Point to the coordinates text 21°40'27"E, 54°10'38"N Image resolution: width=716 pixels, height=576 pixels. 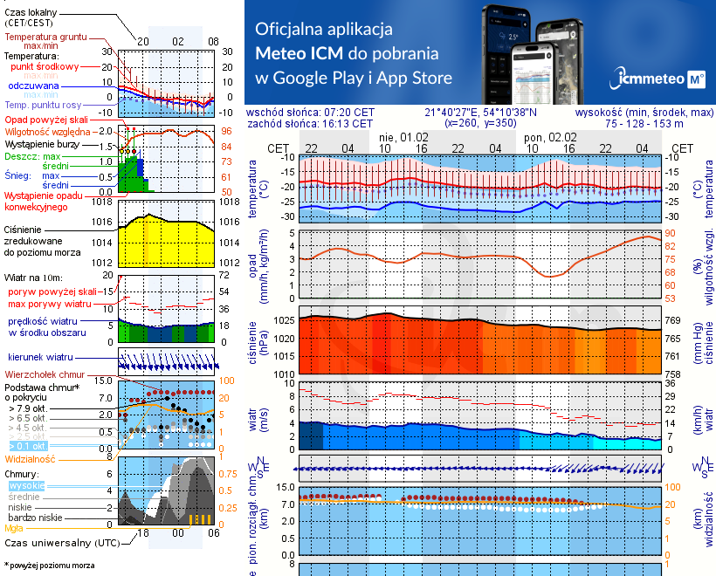pos(481,113)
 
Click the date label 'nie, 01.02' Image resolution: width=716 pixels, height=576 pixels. pos(404,138)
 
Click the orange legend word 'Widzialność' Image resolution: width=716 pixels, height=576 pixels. pos(31,458)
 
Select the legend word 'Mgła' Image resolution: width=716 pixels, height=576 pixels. pos(14,528)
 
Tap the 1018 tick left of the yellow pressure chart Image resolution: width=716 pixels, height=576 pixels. pos(102,202)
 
